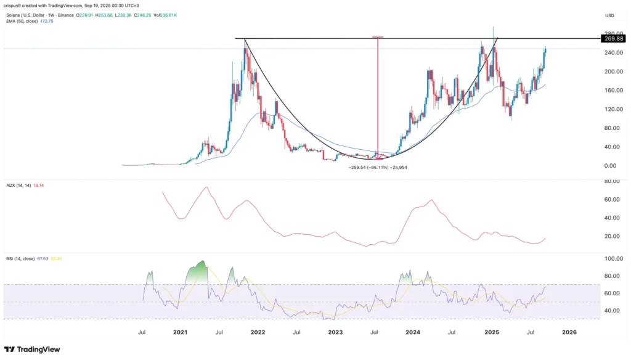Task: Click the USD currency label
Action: click(610, 15)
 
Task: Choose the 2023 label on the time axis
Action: click(335, 332)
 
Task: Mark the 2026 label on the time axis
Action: click(569, 332)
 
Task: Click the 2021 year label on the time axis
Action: click(180, 332)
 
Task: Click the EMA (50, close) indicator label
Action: click(23, 21)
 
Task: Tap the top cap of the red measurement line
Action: click(378, 37)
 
